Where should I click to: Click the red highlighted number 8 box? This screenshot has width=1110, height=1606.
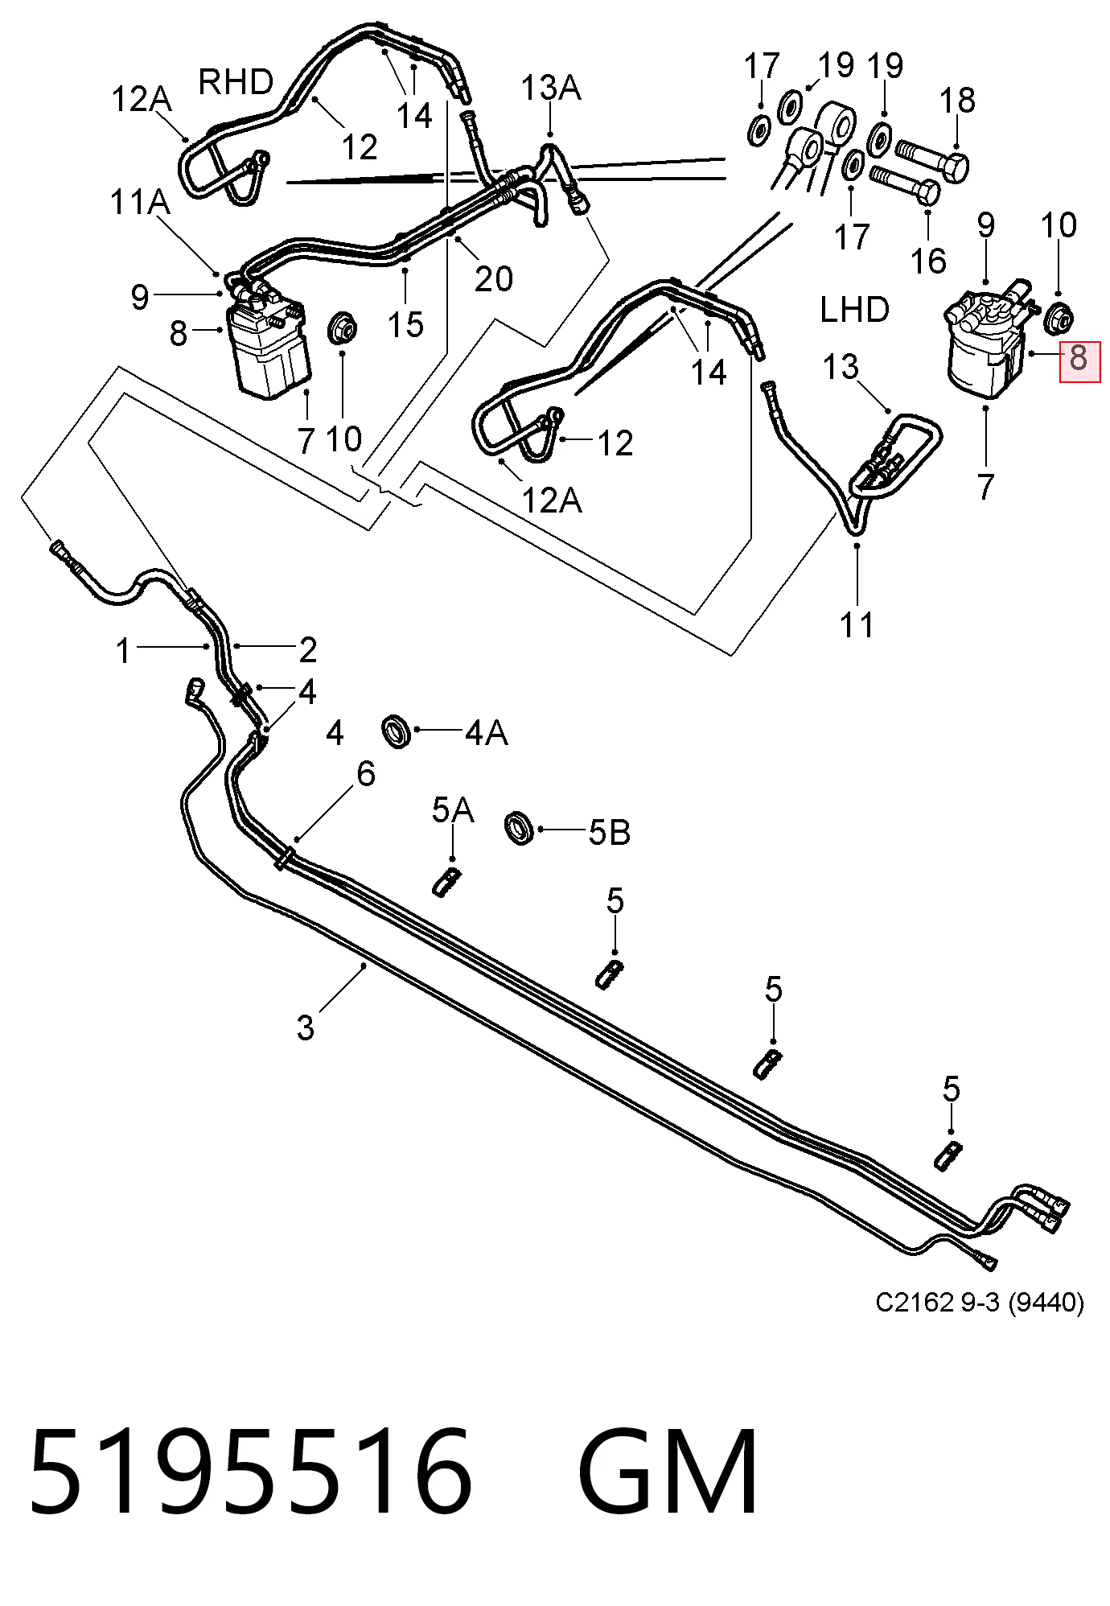point(1079,361)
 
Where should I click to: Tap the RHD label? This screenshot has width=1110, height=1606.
point(236,82)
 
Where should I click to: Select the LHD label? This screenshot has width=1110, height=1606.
point(854,310)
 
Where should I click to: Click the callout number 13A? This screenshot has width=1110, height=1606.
point(551,88)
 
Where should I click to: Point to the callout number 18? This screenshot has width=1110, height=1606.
point(957,101)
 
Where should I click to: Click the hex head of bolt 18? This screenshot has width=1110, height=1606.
point(955,166)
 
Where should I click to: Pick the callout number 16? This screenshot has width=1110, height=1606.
point(928,261)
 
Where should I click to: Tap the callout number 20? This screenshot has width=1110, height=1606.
point(493,279)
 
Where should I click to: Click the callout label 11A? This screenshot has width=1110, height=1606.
point(140,202)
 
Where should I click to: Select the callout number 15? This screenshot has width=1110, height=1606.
point(405,325)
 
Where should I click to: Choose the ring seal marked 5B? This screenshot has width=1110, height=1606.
point(520,829)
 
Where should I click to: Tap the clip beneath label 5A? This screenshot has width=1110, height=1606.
point(446,882)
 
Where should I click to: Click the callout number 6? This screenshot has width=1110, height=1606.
point(366,774)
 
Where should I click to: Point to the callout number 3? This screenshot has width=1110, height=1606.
point(306,1027)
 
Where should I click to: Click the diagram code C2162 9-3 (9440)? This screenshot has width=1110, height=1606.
point(980,1301)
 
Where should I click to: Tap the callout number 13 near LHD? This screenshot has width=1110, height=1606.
point(841,367)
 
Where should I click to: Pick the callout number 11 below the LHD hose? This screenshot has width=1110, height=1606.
point(857,624)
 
